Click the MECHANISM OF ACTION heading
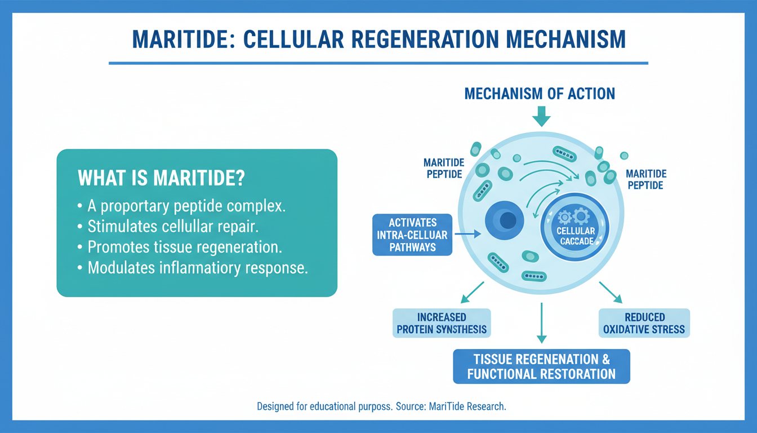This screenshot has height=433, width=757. point(540,94)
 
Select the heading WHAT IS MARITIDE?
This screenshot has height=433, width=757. point(161,179)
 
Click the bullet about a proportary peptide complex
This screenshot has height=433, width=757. point(186,206)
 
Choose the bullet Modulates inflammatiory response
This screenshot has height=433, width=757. point(197,267)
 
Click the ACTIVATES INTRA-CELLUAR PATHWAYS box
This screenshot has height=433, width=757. point(412,235)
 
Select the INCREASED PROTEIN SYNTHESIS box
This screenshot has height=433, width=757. point(442,323)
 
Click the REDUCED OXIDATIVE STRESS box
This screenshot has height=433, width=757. point(644,323)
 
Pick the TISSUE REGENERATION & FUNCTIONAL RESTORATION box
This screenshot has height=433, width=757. point(542,366)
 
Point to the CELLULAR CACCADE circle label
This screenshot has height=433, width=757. point(575,236)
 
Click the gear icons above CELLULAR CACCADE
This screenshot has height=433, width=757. point(574,216)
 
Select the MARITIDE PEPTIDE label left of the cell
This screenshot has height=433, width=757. point(444,168)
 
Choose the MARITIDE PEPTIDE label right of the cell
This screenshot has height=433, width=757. point(647,179)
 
